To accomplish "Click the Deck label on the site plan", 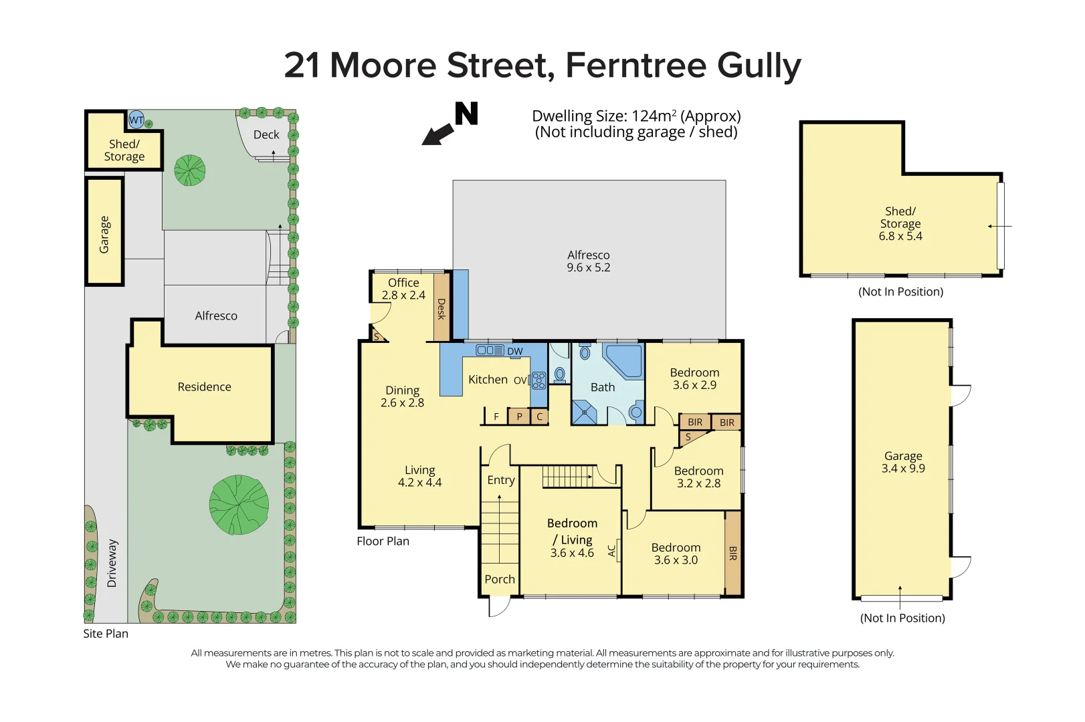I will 266,134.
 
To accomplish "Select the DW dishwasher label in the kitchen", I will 514,352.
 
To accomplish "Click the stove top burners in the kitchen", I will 538,380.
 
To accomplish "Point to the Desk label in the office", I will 441,309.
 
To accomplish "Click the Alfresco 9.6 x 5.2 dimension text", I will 589,267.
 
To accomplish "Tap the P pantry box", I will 519,416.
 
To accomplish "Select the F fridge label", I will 496,416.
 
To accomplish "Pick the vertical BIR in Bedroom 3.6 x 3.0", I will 733,553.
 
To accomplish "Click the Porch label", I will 500,580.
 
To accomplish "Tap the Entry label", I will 501,480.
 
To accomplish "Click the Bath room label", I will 603,387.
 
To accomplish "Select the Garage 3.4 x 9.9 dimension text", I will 903,469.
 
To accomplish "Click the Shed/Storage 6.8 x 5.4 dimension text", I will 900,236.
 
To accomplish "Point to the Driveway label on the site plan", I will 112,563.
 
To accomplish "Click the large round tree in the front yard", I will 239,505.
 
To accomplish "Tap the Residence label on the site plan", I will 204,387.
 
